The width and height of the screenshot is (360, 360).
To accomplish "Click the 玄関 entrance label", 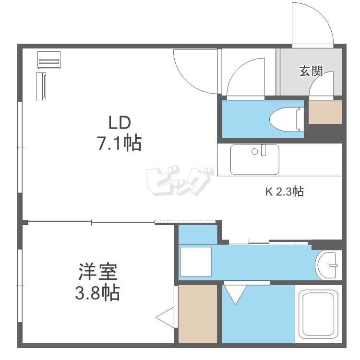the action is pyautogui.click(x=311, y=71).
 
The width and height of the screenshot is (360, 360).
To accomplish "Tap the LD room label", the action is pyautogui.click(x=120, y=122).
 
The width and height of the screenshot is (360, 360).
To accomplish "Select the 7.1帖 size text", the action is pyautogui.click(x=120, y=143).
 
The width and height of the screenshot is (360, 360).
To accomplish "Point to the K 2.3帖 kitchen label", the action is pyautogui.click(x=285, y=192).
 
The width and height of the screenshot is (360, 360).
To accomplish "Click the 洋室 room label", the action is pyautogui.click(x=98, y=272).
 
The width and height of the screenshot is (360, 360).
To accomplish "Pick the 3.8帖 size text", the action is pyautogui.click(x=97, y=293).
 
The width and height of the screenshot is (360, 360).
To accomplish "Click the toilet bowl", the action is pyautogui.click(x=287, y=120).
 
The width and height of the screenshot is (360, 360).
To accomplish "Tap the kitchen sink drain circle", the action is pyautogui.click(x=254, y=152).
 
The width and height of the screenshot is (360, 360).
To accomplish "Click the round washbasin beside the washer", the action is pyautogui.click(x=328, y=265).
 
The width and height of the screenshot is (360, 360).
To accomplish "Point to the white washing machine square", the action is pyautogui.click(x=196, y=262).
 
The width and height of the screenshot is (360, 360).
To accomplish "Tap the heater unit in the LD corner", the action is pyautogui.click(x=49, y=60).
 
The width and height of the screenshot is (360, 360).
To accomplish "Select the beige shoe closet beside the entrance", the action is pyautogui.click(x=325, y=112).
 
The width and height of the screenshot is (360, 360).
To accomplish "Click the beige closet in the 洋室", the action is pyautogui.click(x=198, y=314).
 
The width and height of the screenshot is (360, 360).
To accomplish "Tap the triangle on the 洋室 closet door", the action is pyautogui.click(x=165, y=318).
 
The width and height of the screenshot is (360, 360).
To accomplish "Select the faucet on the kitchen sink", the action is pyautogui.click(x=263, y=150).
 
